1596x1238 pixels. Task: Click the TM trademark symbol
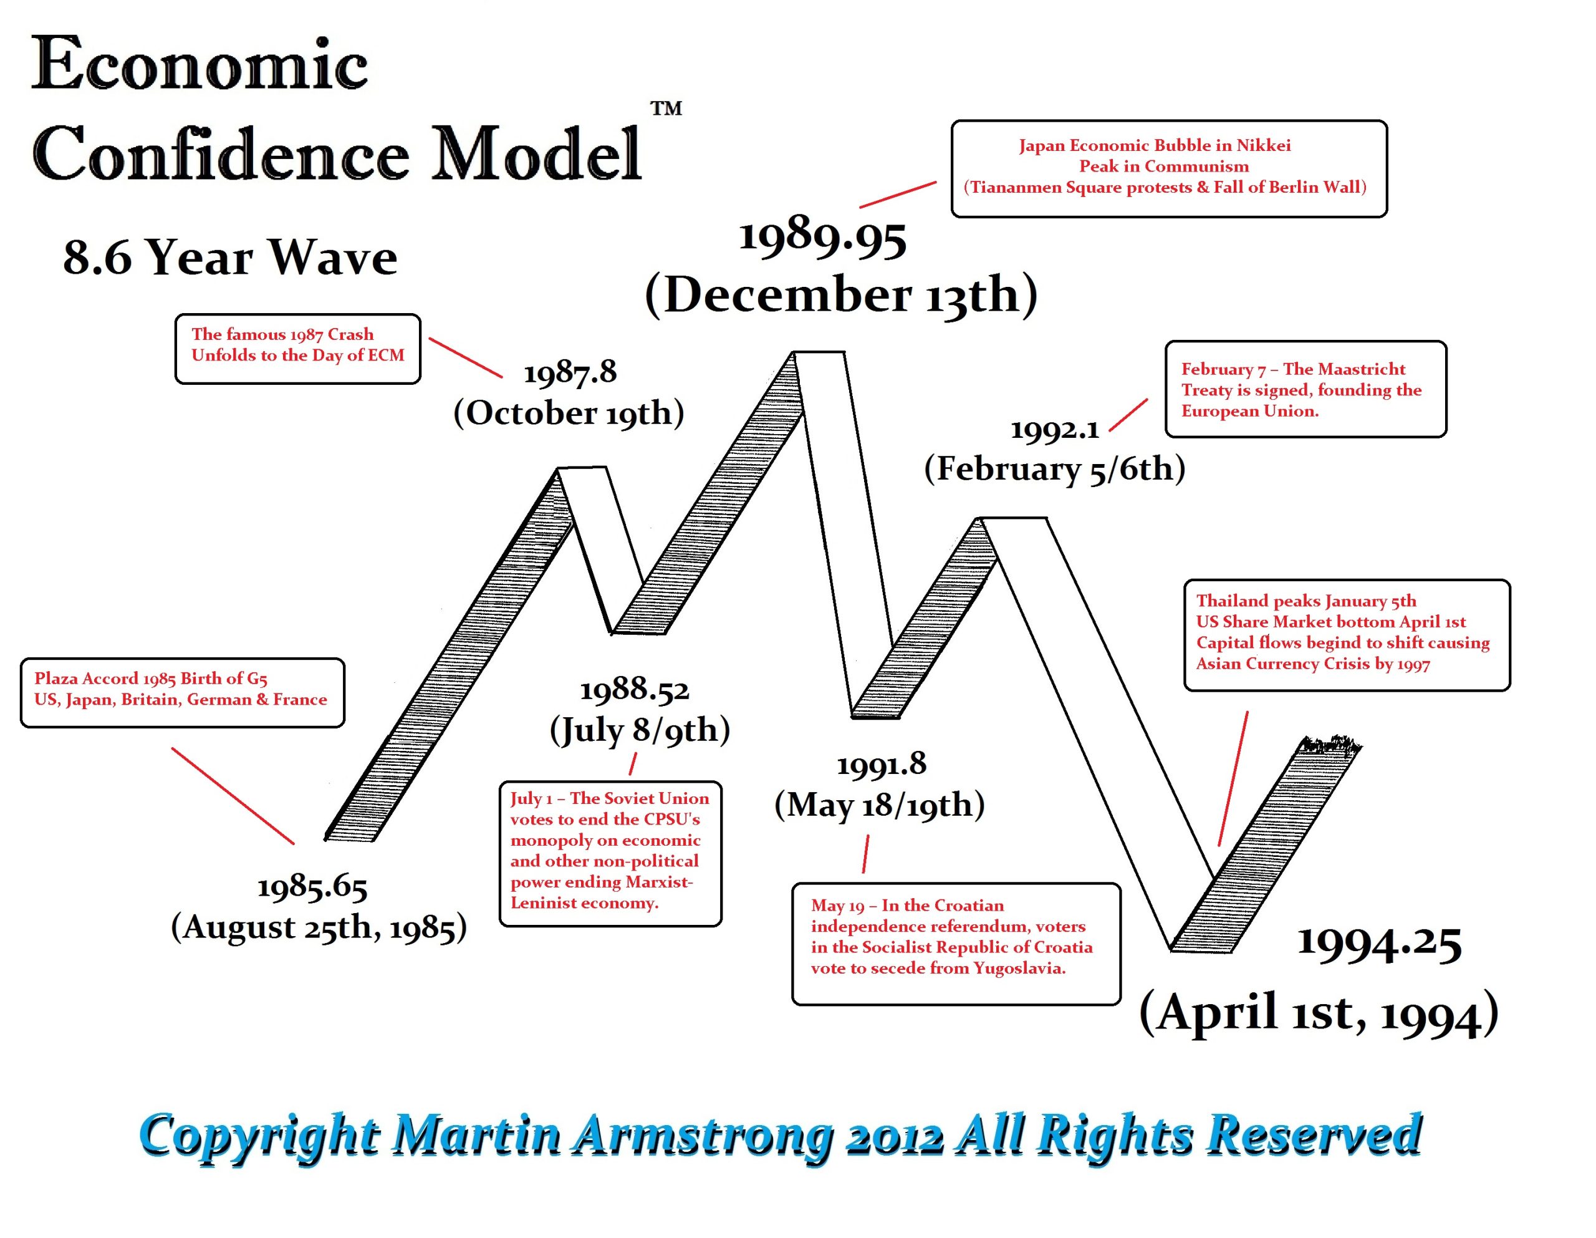(x=666, y=109)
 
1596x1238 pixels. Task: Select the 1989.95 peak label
(x=823, y=238)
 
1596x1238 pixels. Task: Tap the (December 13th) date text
(x=841, y=294)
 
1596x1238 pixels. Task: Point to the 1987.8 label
(x=570, y=372)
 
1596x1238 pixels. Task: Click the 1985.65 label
(x=312, y=887)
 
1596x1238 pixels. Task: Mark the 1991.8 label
(x=882, y=765)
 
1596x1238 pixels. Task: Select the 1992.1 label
(x=1054, y=429)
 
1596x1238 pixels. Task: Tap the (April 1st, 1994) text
(x=1319, y=1013)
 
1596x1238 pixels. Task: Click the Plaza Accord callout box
(x=182, y=692)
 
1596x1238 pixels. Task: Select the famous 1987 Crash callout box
(x=297, y=349)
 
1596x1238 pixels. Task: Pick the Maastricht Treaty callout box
(x=1305, y=389)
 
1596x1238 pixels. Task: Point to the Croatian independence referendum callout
(x=956, y=943)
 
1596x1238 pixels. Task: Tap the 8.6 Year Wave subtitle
(x=230, y=258)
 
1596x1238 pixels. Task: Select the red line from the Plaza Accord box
(x=233, y=796)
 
